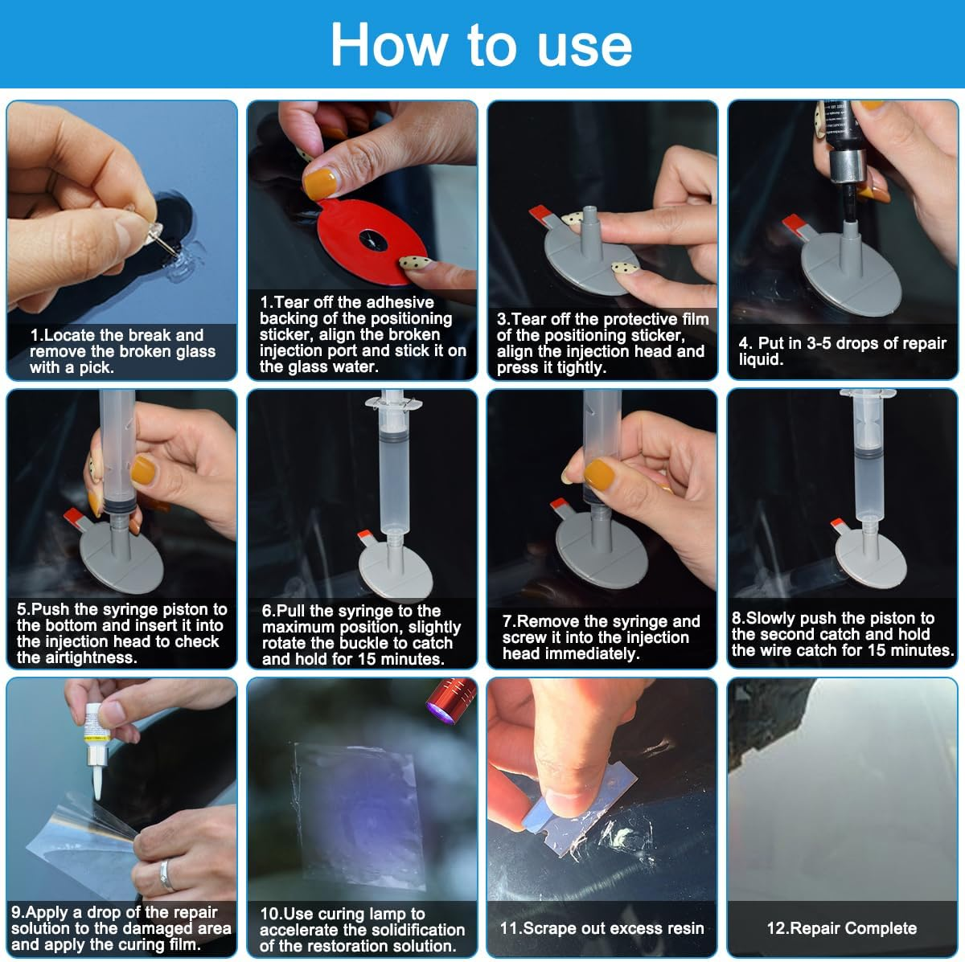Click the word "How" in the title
388,45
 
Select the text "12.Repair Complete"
841,928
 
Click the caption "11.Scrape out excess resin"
602,928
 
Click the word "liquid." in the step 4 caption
761,359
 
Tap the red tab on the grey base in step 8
838,524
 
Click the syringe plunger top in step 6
393,402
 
